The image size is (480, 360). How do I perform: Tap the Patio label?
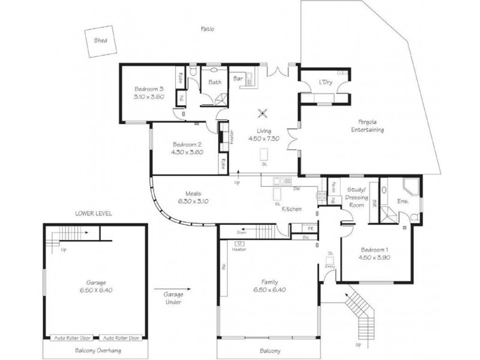208,29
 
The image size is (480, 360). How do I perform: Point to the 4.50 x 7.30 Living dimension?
265,139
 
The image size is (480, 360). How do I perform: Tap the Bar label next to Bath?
237,78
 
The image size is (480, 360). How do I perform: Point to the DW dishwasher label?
296,189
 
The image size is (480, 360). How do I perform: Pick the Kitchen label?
292,209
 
